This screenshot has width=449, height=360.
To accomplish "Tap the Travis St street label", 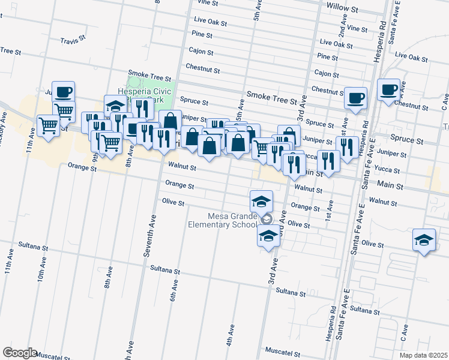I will tap(74, 41).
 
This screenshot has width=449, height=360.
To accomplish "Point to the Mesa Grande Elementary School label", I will tap(232, 221).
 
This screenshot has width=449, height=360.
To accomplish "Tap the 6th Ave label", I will tap(173, 293).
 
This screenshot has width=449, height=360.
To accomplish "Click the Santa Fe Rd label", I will tap(397, 19).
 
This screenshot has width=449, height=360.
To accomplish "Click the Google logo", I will tap(20, 353).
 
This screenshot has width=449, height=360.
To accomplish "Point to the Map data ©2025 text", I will tap(423, 355).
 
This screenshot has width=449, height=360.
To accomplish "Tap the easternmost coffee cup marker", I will tap(389, 90).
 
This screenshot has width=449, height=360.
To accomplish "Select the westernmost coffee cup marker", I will tap(63, 92).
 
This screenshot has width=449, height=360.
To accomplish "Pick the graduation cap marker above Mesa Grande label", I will tap(261, 201).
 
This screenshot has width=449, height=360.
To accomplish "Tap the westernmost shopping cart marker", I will tap(48, 125).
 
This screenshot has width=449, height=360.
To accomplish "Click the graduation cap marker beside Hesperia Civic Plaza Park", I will tap(116, 106).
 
